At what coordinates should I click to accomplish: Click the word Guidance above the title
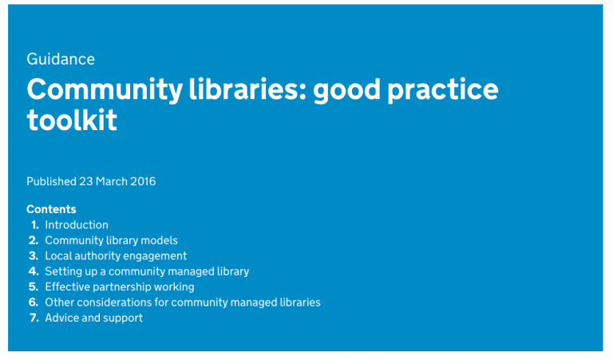(61, 59)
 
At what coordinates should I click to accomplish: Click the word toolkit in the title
(72, 121)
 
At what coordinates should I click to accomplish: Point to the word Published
(52, 181)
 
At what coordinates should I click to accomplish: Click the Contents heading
(51, 209)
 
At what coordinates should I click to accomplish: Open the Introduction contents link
(77, 225)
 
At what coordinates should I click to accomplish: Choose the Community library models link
(111, 240)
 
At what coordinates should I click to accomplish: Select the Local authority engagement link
(116, 256)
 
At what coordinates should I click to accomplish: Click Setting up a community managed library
(147, 271)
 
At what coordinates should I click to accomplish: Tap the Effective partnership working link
(120, 287)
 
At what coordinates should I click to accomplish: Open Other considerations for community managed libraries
(183, 303)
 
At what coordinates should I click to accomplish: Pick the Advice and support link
(94, 318)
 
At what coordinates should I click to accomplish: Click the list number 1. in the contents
(34, 225)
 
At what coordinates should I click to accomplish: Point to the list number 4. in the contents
(34, 271)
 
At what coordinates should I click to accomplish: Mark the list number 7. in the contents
(34, 318)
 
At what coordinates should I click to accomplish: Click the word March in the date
(111, 181)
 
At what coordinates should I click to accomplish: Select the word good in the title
(346, 89)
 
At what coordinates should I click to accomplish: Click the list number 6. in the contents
(34, 303)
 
